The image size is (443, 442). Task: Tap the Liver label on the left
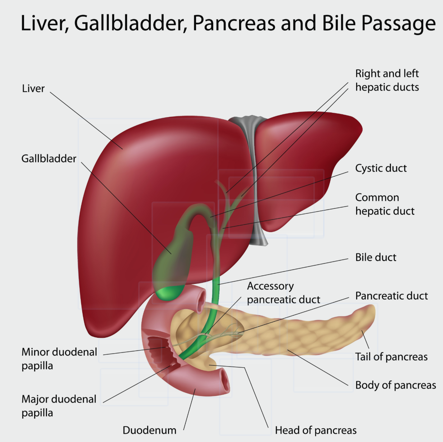click(x=33, y=89)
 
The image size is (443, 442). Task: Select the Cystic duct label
click(x=381, y=168)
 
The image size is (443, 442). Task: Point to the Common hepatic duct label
click(x=384, y=204)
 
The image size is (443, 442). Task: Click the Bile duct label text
click(x=376, y=257)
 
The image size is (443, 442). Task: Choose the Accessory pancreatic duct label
click(x=283, y=293)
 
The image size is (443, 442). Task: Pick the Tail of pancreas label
click(x=391, y=357)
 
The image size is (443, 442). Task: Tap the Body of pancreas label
click(x=396, y=385)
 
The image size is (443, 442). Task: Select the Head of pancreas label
click(x=316, y=430)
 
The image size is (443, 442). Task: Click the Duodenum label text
click(x=149, y=430)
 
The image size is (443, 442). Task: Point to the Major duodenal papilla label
click(x=59, y=406)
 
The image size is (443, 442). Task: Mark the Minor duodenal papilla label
click(x=59, y=359)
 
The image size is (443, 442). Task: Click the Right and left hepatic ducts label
click(x=387, y=80)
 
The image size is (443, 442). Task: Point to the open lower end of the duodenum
click(x=225, y=382)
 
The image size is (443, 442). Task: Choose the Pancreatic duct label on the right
click(x=391, y=296)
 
